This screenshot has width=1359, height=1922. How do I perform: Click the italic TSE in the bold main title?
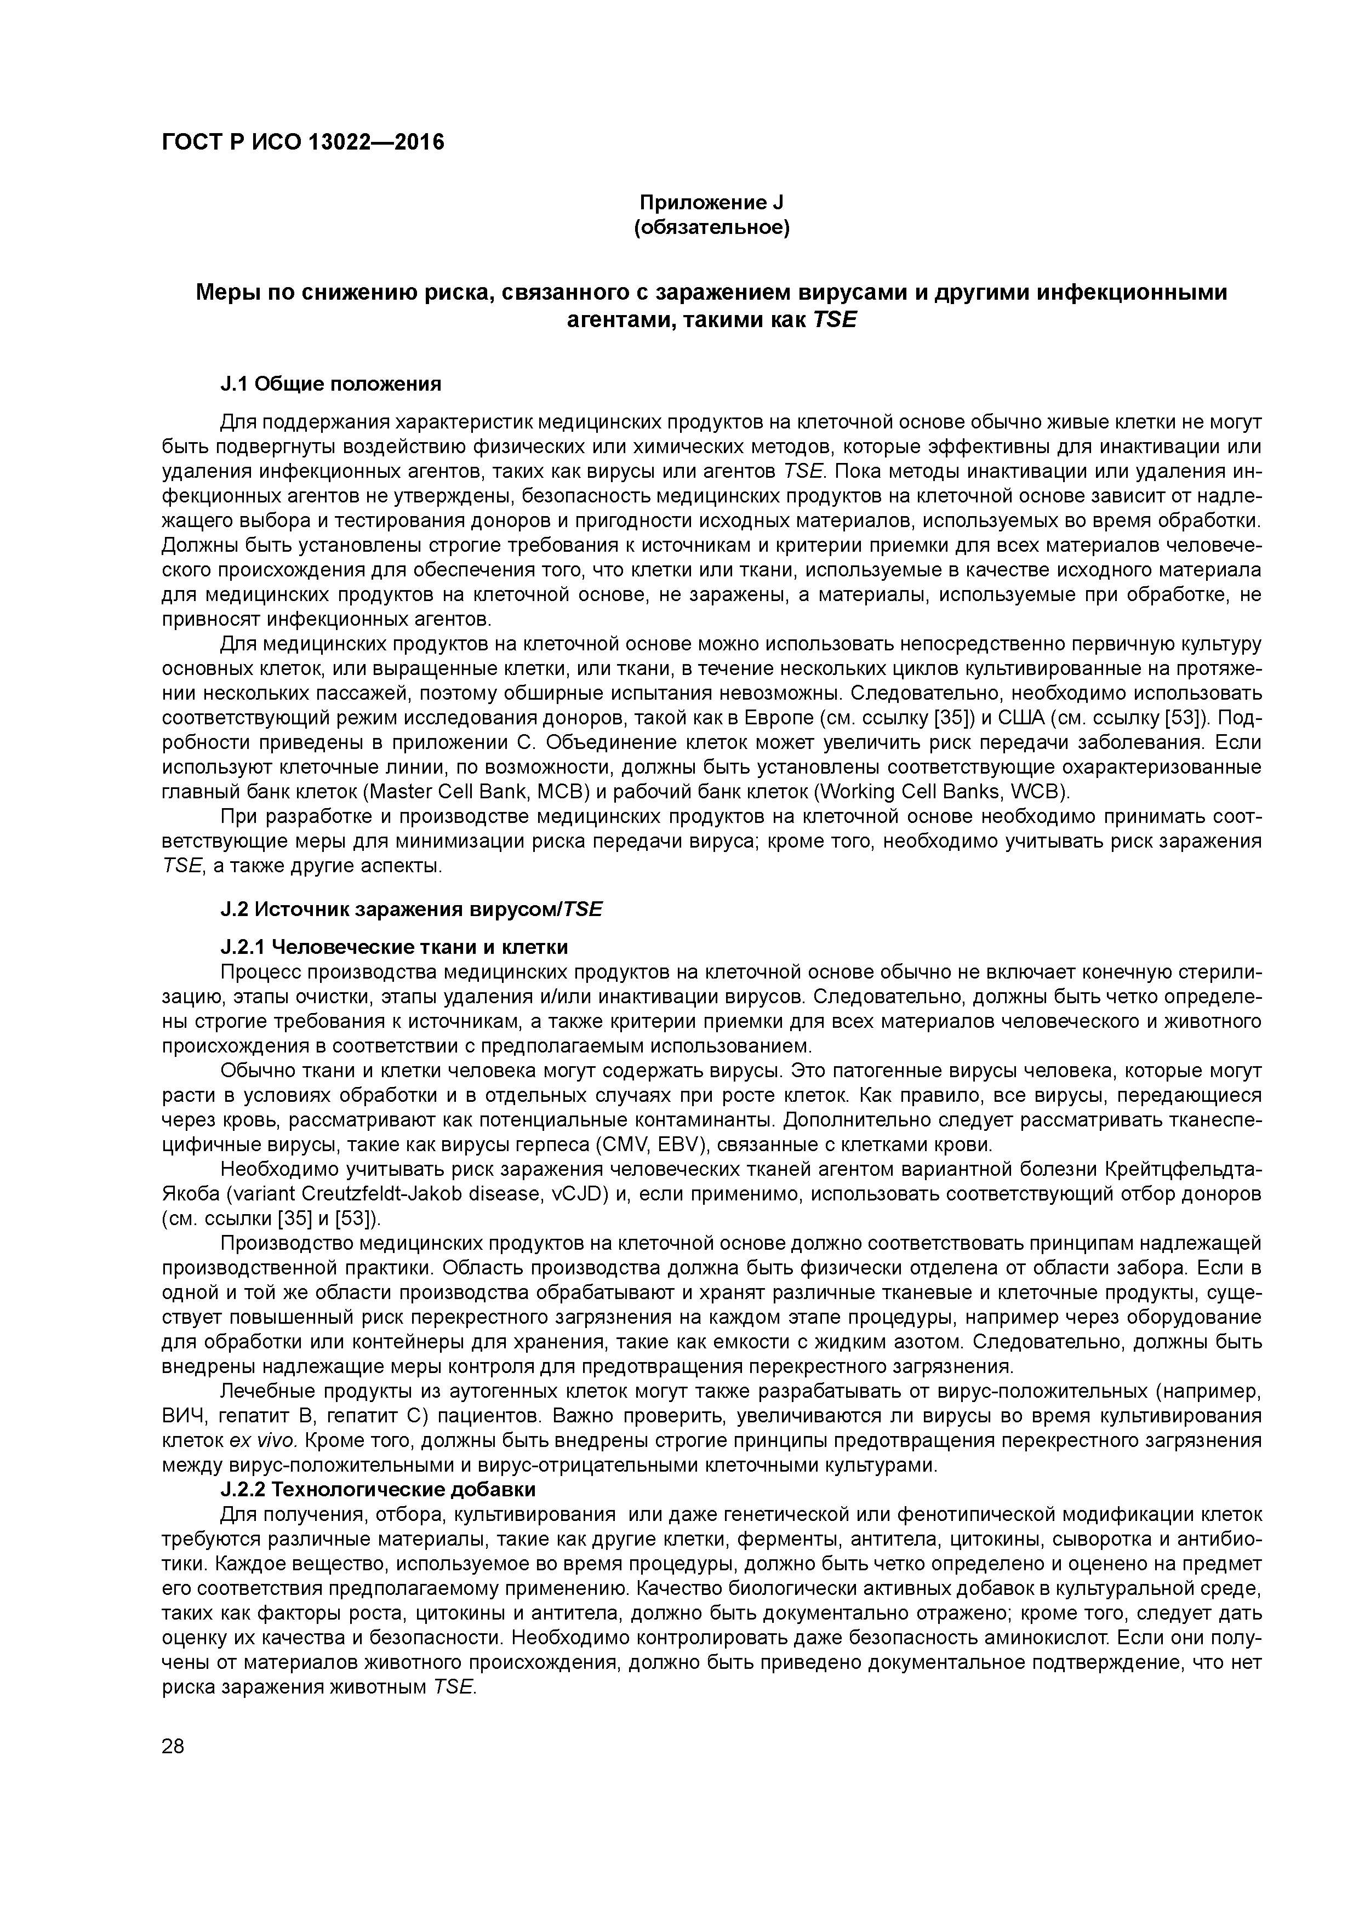point(834,320)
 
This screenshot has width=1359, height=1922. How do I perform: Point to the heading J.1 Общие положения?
point(331,384)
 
